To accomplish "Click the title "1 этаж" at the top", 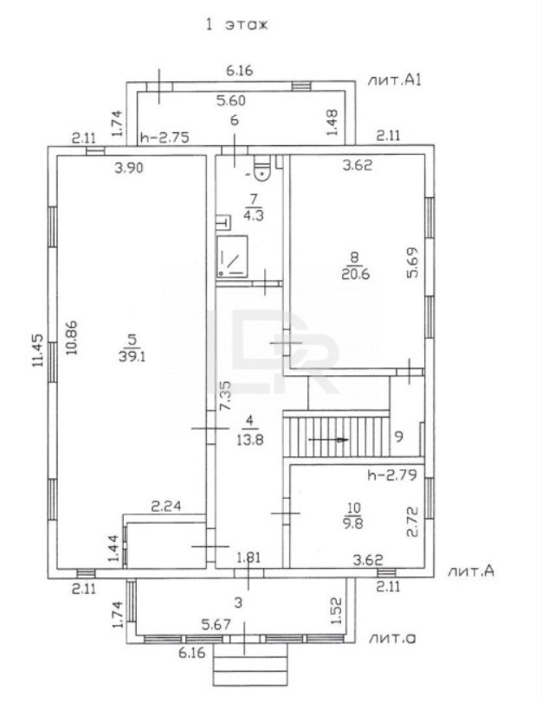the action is [236, 25].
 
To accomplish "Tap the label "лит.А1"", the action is [394, 80].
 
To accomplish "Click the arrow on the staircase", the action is [329, 439].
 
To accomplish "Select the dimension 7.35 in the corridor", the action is [223, 396].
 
